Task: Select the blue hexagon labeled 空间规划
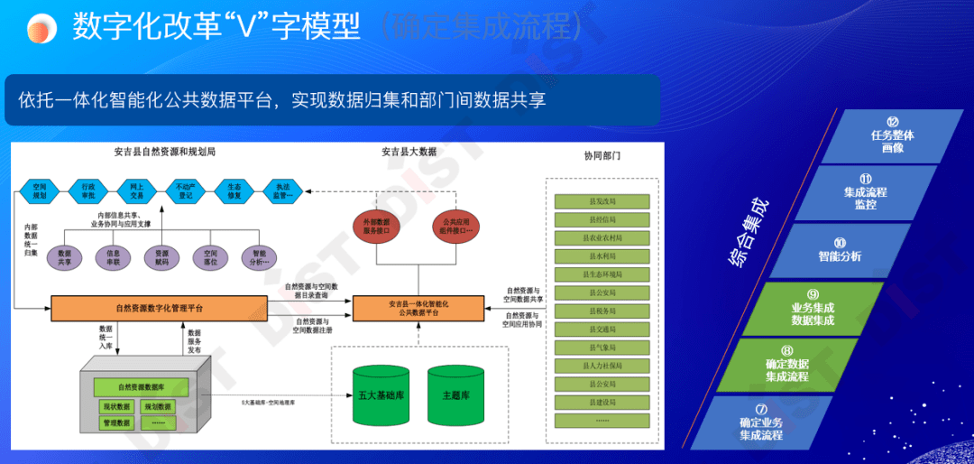tap(39, 190)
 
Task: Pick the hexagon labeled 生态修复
tap(234, 190)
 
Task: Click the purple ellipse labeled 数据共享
tap(64, 258)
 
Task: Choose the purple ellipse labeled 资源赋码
tap(161, 258)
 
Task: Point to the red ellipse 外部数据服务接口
tap(376, 226)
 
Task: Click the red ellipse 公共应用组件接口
tap(457, 226)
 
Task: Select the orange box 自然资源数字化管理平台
tap(159, 308)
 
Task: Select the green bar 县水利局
tap(602, 255)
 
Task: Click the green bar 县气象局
tap(602, 348)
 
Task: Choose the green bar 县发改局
tap(602, 200)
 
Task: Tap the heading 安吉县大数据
tap(409, 152)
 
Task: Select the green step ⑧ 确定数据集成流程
tap(786, 369)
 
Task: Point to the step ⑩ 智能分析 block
tap(839, 255)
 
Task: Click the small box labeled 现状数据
tap(117, 406)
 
